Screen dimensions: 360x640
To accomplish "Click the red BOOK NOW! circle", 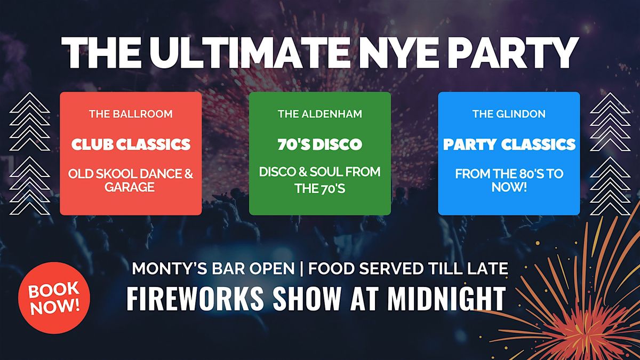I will [x=53, y=298].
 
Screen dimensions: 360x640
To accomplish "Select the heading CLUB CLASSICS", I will [x=131, y=144].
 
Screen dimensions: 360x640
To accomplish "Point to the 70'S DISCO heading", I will [x=320, y=144].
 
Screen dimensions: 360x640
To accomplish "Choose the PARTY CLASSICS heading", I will [x=509, y=144].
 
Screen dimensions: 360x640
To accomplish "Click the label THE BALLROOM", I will [x=131, y=114].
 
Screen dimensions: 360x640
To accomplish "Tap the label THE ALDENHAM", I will [x=320, y=114].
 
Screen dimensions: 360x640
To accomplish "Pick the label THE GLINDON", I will [x=509, y=114].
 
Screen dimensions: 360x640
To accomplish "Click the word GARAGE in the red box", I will [x=131, y=188].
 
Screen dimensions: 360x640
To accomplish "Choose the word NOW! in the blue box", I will [x=509, y=188].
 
